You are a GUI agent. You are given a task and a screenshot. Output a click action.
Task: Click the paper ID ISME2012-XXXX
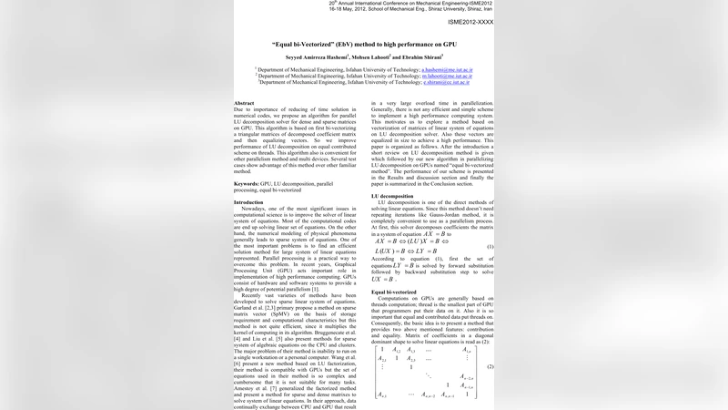tap(471, 21)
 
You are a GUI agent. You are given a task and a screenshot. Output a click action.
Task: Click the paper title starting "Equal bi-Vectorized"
tap(364, 43)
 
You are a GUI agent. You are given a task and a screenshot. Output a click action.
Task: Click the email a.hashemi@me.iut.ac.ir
tap(447, 68)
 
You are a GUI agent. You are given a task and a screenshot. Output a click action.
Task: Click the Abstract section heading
tap(244, 103)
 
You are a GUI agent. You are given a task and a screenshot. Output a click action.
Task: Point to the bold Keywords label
tap(247, 183)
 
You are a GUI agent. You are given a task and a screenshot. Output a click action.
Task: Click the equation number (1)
tap(490, 247)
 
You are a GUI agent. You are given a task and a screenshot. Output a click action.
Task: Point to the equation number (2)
tap(490, 367)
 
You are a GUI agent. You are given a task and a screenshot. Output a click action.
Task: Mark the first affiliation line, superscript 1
tap(364, 68)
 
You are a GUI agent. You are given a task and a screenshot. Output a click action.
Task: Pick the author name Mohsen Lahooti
tap(371, 56)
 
